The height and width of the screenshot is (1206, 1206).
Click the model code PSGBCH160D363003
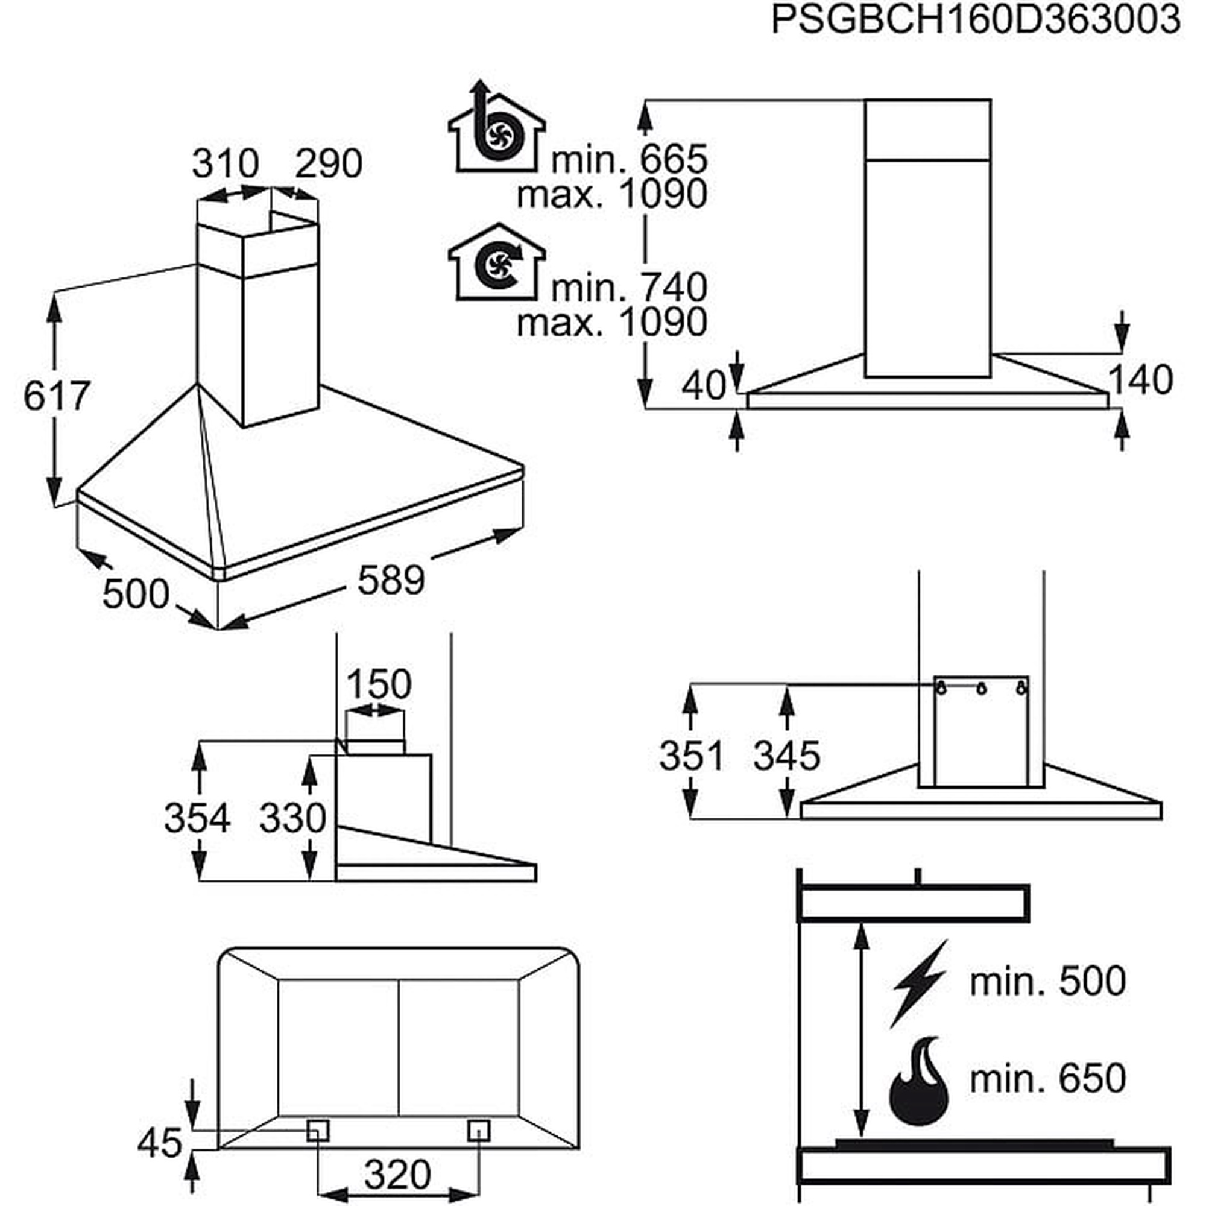pyautogui.click(x=976, y=20)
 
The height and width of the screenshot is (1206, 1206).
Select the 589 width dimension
pyautogui.click(x=391, y=579)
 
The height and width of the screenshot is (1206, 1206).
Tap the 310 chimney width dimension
pyautogui.click(x=225, y=163)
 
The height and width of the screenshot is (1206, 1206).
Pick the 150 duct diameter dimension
pyautogui.click(x=378, y=684)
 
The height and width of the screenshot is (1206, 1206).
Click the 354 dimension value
pyautogui.click(x=197, y=818)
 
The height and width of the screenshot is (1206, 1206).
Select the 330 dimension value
pyautogui.click(x=293, y=818)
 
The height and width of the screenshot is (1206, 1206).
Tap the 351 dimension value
pyautogui.click(x=692, y=756)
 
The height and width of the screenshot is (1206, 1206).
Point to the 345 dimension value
pyautogui.click(x=786, y=756)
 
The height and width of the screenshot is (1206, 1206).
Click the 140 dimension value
pyautogui.click(x=1140, y=380)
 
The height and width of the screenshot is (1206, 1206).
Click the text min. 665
pyautogui.click(x=629, y=160)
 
